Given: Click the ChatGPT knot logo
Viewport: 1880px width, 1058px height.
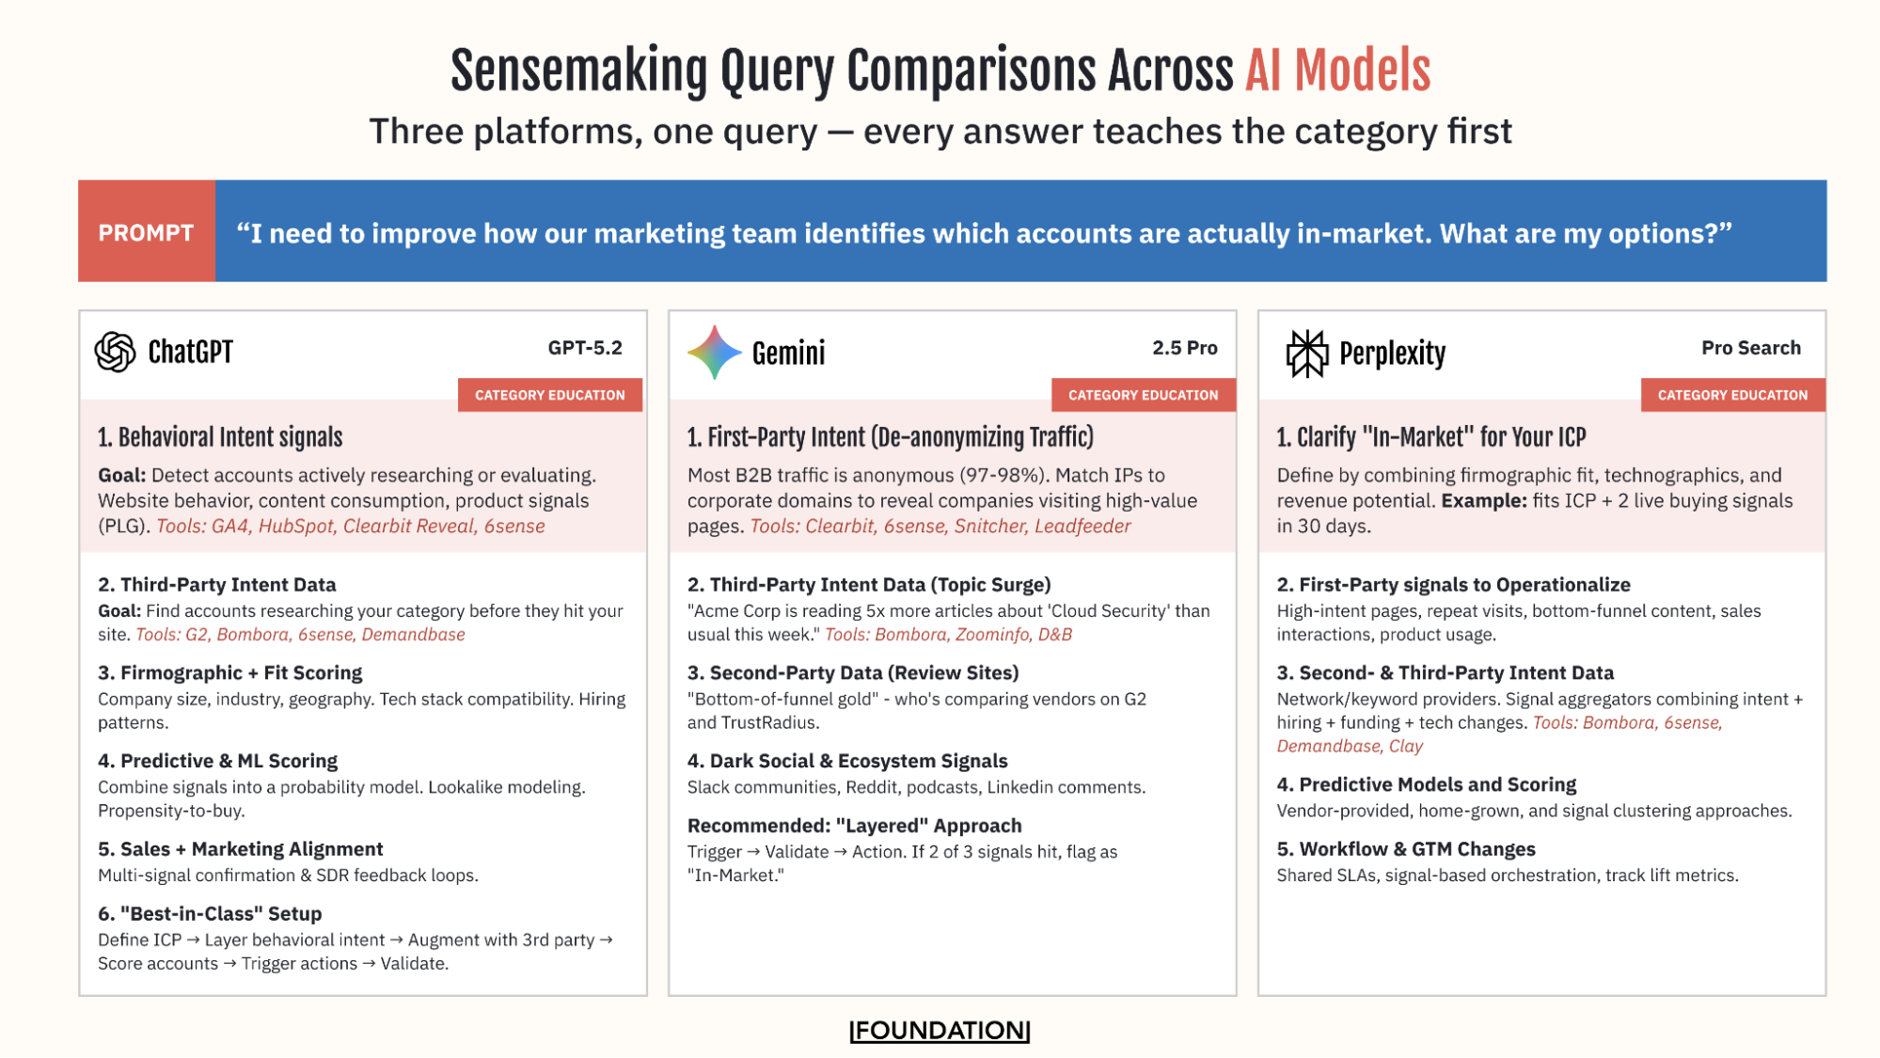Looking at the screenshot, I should pyautogui.click(x=115, y=352).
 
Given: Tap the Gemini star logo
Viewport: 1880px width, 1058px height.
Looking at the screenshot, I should pyautogui.click(x=714, y=353).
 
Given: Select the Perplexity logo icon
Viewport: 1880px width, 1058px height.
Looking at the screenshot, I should pyautogui.click(x=1306, y=354).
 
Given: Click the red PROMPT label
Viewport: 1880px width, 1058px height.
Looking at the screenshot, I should pyautogui.click(x=147, y=232).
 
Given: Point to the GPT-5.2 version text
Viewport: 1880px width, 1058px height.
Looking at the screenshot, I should pyautogui.click(x=585, y=348).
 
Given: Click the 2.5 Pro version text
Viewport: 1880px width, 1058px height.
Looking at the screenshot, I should pyautogui.click(x=1184, y=348).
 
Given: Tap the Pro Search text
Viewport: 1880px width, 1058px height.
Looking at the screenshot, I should pyautogui.click(x=1750, y=348).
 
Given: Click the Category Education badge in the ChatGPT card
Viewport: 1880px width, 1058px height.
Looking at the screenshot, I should pyautogui.click(x=549, y=395).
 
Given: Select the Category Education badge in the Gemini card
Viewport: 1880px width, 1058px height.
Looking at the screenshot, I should pyautogui.click(x=1143, y=395).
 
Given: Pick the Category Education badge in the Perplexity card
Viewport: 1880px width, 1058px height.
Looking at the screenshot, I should pyautogui.click(x=1732, y=395).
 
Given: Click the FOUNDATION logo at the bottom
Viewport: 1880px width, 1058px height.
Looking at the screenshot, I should pyautogui.click(x=940, y=1031).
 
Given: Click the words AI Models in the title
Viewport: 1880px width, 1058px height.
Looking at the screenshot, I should pyautogui.click(x=1337, y=71).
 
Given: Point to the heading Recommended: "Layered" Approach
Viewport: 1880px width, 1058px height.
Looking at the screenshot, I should pyautogui.click(x=854, y=826).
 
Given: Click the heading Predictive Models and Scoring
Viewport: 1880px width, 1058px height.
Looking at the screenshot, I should pyautogui.click(x=1426, y=784).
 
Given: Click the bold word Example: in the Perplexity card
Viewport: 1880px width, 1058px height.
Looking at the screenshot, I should pyautogui.click(x=1483, y=501).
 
